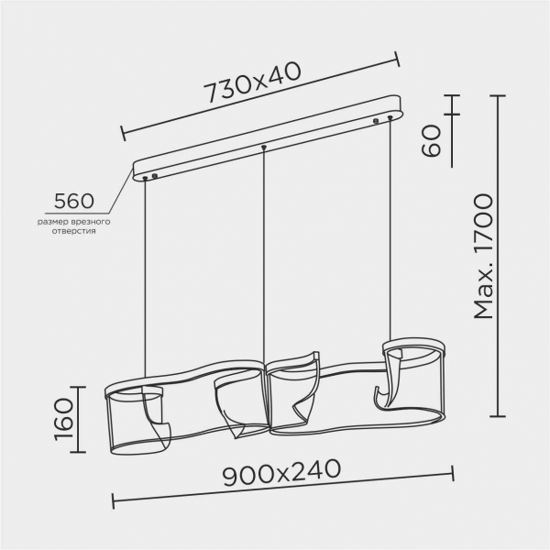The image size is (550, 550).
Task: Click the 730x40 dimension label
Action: [x=253, y=82]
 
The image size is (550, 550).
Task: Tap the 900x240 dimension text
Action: [x=281, y=472]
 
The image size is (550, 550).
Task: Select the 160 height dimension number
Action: [x=64, y=419]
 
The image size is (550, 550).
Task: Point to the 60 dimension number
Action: [x=431, y=140]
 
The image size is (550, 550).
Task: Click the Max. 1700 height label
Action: [x=483, y=257]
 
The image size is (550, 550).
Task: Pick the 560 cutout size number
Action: [x=74, y=201]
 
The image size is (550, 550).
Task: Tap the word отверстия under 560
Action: [x=73, y=231]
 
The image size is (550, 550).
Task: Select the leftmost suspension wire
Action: [x=145, y=278]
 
